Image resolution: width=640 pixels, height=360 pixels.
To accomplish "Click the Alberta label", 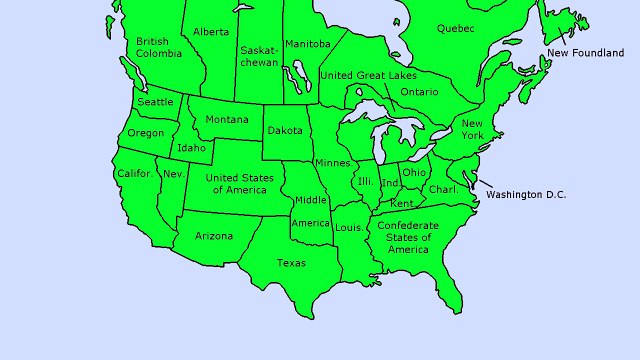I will click(x=210, y=32).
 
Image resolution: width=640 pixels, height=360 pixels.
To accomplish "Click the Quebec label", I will click(x=455, y=29).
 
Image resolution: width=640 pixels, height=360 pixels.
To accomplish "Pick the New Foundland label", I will click(x=585, y=52).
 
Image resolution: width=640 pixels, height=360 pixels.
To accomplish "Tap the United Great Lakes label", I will click(x=369, y=75).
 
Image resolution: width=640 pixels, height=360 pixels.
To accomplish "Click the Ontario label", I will click(x=419, y=92).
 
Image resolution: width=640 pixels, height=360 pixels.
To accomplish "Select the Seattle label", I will click(x=155, y=102).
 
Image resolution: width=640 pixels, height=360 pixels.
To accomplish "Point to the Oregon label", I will click(x=146, y=134).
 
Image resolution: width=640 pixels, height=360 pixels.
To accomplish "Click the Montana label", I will click(x=227, y=121).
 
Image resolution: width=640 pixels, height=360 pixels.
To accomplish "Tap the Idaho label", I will click(x=191, y=148).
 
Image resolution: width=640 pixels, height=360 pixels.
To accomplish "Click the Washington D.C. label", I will click(x=526, y=194).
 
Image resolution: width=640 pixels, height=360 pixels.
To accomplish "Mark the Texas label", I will click(x=291, y=263).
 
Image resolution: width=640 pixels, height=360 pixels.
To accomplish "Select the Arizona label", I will click(x=214, y=236).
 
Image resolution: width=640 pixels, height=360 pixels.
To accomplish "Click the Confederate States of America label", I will click(x=408, y=237).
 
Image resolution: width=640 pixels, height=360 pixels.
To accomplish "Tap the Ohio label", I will click(x=414, y=172).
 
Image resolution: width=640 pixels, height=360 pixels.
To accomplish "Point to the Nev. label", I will click(x=173, y=174).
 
